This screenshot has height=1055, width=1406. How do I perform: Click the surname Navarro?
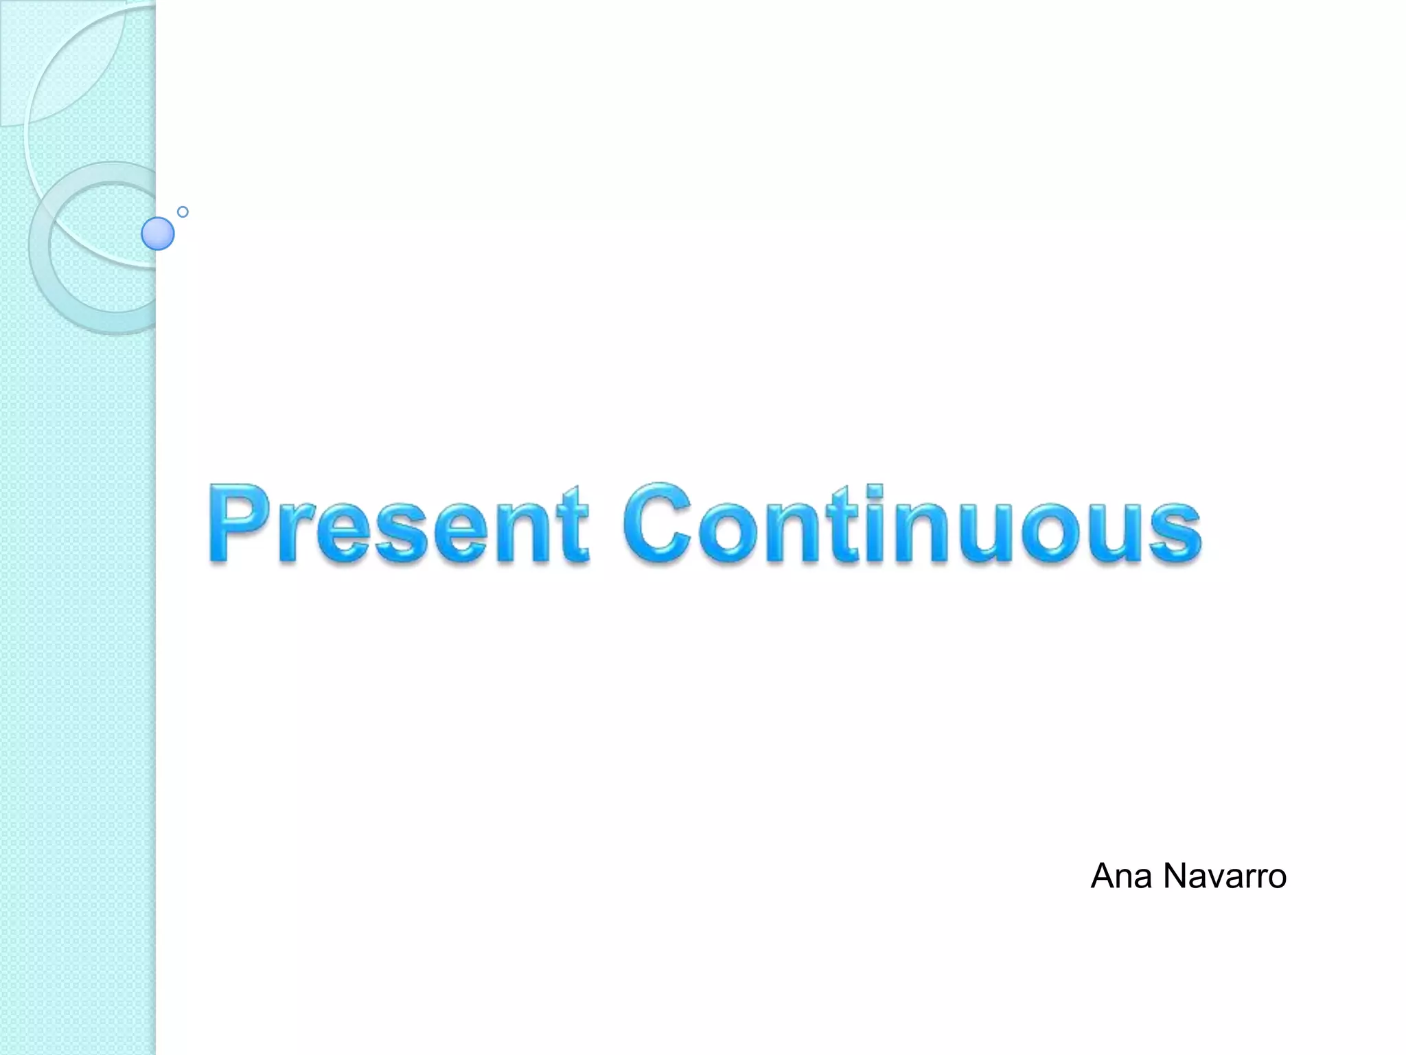[x=1225, y=876]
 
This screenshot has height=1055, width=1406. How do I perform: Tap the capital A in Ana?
[x=1103, y=876]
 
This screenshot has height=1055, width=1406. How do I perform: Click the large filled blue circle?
[x=158, y=234]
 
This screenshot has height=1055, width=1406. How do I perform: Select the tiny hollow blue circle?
[x=183, y=212]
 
